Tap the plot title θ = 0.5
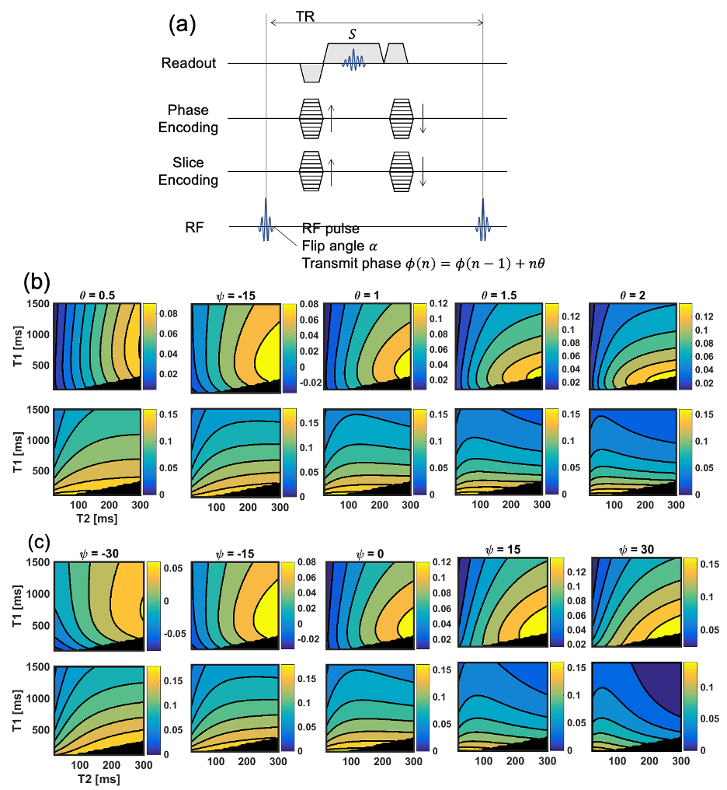97,295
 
